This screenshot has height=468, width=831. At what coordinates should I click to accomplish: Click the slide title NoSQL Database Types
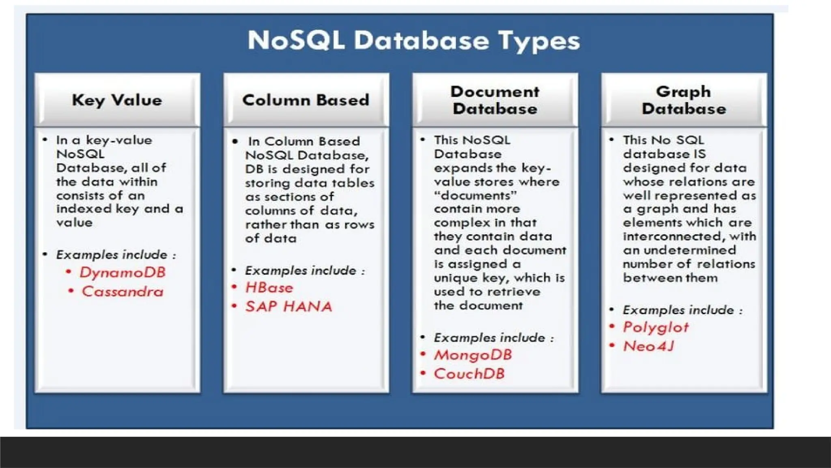click(x=414, y=41)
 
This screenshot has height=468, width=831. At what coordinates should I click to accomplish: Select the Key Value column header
click(x=117, y=100)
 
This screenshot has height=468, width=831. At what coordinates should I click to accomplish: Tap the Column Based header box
click(x=306, y=100)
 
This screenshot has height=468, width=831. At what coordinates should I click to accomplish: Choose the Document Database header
click(x=495, y=100)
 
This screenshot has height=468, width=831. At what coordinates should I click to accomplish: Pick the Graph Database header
click(x=684, y=100)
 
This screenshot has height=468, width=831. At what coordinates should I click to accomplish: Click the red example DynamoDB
click(x=123, y=272)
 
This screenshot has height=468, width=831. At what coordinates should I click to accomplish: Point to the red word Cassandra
click(x=123, y=291)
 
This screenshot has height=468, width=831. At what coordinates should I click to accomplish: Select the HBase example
click(x=269, y=288)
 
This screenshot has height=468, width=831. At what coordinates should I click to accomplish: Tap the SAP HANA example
click(x=288, y=306)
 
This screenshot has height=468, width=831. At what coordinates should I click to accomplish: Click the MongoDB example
click(x=473, y=355)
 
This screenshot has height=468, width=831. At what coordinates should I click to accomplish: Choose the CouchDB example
click(x=469, y=374)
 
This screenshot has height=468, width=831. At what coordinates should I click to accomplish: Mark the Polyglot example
click(x=656, y=327)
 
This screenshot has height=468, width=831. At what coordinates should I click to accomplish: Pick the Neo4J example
click(x=648, y=346)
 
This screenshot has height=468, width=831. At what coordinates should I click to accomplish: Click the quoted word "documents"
click(x=475, y=195)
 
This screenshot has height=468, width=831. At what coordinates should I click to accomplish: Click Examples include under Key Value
click(x=116, y=255)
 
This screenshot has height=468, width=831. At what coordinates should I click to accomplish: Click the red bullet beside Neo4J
click(x=612, y=345)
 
